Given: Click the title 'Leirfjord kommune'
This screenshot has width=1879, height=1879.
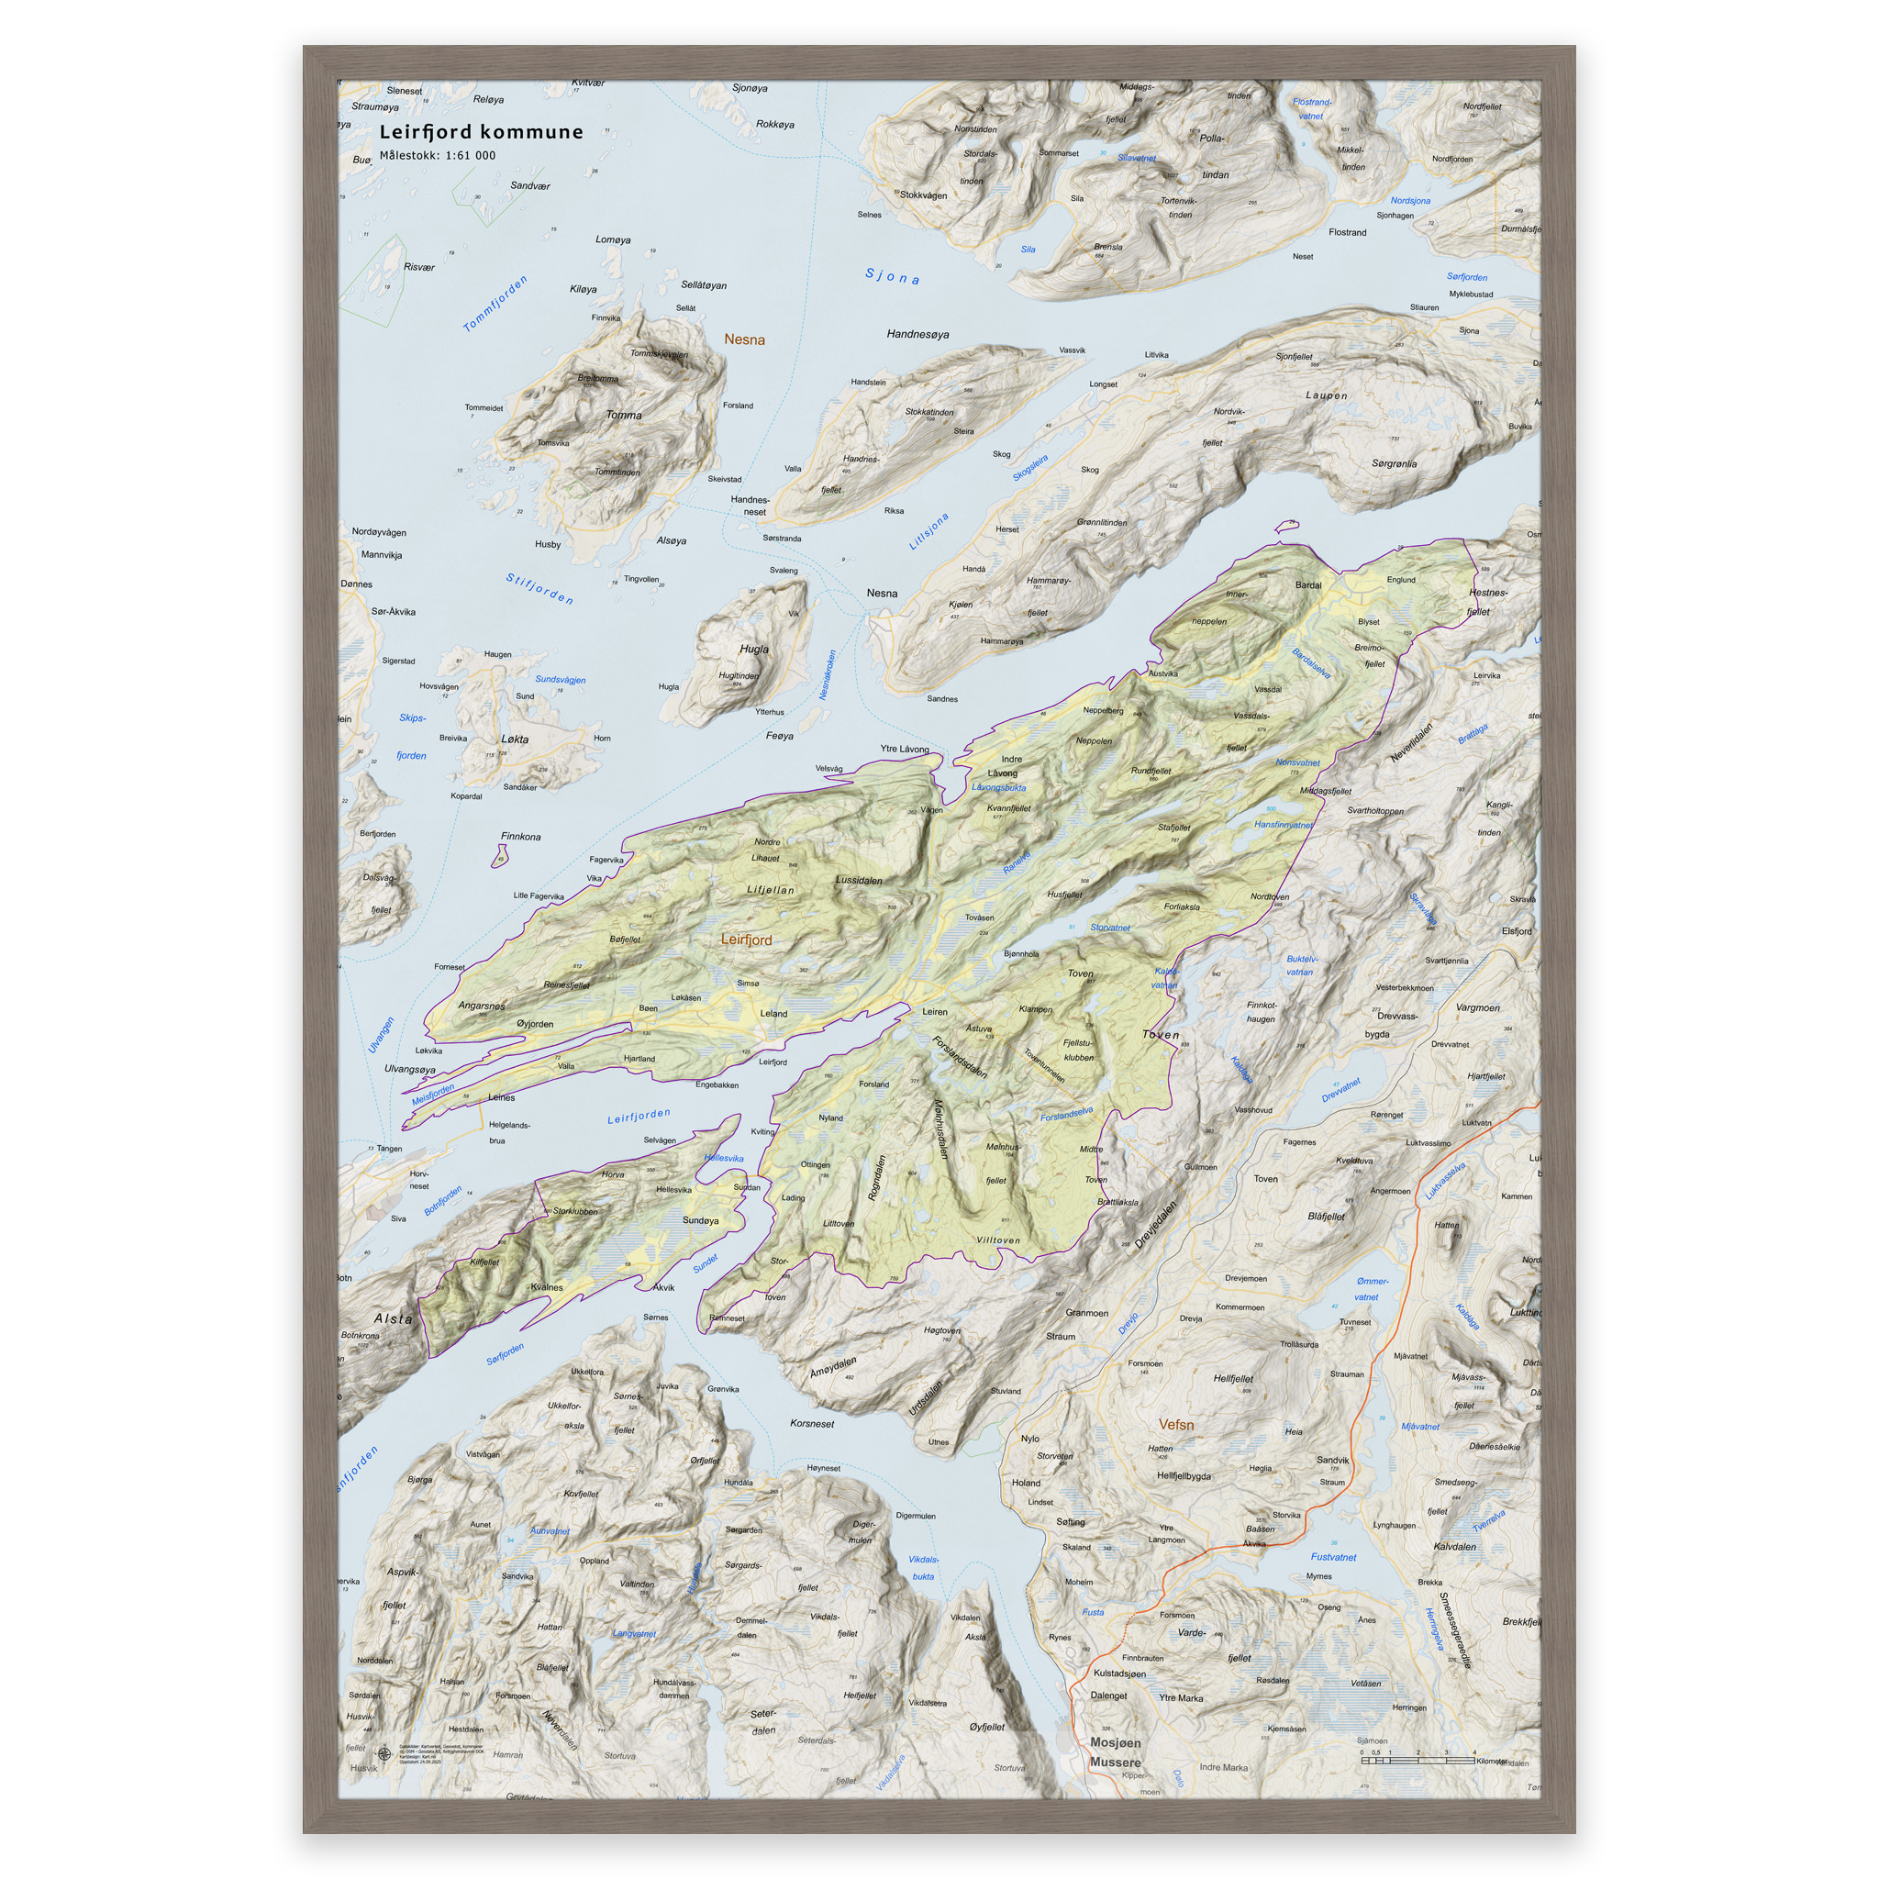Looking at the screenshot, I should click(481, 132).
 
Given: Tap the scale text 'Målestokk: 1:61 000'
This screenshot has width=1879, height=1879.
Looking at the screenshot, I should click(437, 156).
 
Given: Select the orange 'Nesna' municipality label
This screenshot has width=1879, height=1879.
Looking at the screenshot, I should click(744, 339).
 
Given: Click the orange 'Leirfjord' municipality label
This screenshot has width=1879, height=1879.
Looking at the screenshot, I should click(746, 939).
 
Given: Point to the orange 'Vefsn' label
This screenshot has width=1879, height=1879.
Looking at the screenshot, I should click(1176, 1424).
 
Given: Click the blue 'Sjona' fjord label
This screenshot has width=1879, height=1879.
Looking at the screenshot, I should click(892, 277).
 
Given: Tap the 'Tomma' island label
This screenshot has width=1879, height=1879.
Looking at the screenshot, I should click(623, 416).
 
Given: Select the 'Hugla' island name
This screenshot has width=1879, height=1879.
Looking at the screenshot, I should click(754, 649).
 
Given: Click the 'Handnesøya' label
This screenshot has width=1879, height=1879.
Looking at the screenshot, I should click(917, 335).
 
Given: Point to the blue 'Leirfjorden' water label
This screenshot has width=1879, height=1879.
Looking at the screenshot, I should click(639, 1116).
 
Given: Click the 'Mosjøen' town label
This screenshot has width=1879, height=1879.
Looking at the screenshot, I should click(1116, 1742).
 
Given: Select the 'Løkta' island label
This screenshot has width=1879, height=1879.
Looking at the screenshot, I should click(515, 739).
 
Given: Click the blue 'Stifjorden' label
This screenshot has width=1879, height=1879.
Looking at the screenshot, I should click(539, 588).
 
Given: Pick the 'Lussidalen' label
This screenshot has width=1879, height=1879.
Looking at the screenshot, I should click(859, 880).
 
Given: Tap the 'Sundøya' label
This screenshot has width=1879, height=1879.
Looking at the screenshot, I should click(700, 1219).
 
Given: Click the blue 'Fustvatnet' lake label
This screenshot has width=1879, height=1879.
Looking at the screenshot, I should click(1332, 1556).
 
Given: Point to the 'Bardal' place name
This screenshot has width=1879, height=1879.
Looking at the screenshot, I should click(1308, 584).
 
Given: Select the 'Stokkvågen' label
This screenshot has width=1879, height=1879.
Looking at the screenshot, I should click(922, 195).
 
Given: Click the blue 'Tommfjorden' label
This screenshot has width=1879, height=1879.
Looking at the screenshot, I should click(495, 304).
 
